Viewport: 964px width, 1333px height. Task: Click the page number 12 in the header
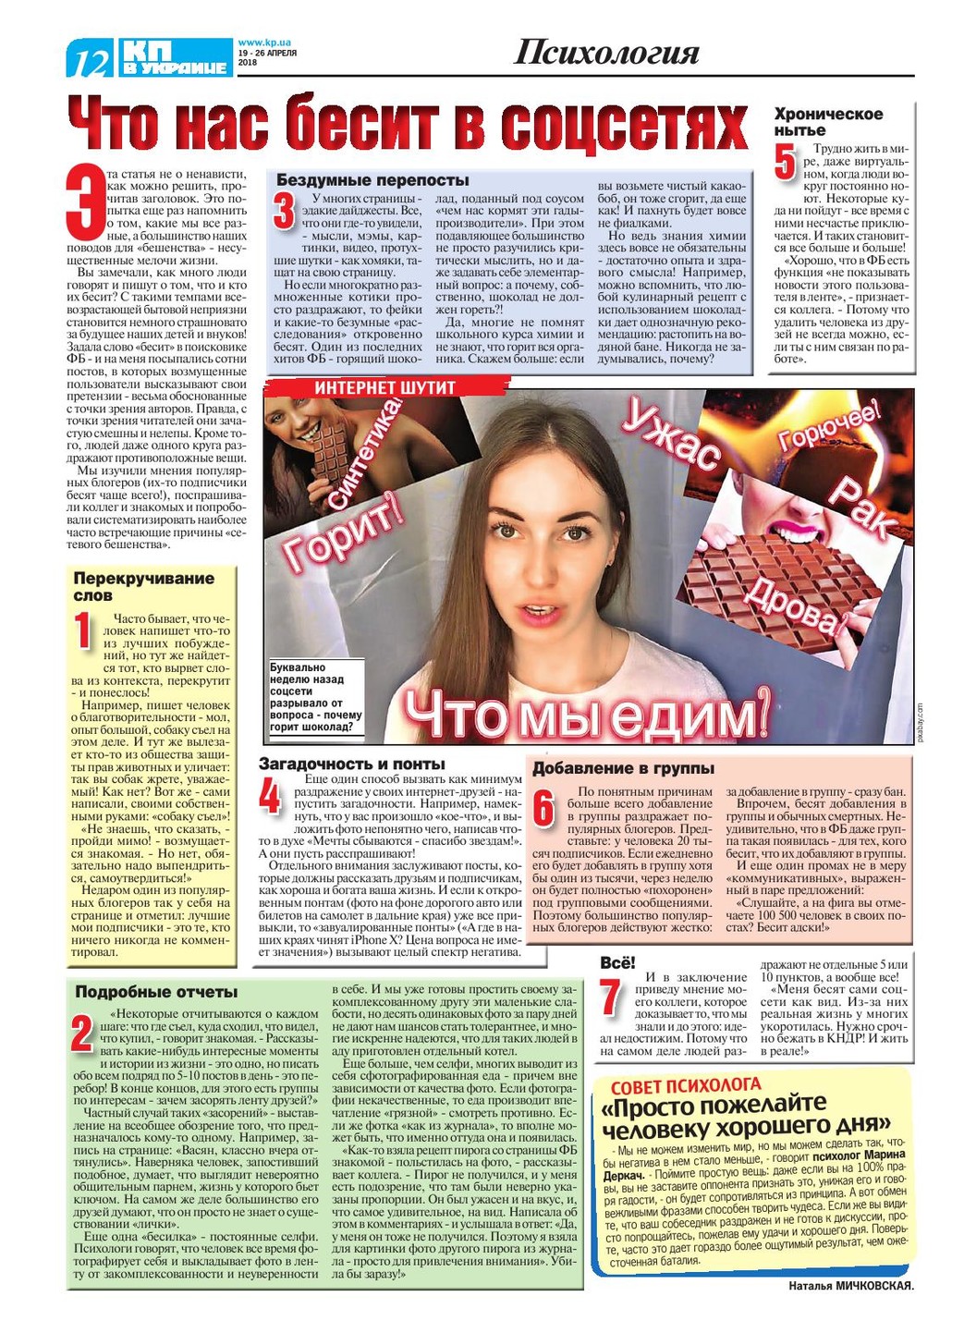[91, 61]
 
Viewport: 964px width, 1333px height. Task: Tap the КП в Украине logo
[175, 57]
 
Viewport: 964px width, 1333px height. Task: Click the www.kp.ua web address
[264, 43]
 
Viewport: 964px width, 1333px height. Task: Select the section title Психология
[606, 53]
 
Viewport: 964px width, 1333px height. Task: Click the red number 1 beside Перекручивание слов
[84, 630]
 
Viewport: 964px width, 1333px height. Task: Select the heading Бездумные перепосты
[372, 180]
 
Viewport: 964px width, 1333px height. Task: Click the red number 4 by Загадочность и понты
[269, 797]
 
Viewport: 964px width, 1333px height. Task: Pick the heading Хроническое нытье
[828, 122]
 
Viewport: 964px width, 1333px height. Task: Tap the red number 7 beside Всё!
[610, 998]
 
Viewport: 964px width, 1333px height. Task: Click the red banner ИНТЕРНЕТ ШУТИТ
[385, 387]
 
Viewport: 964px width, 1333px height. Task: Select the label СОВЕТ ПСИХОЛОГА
[686, 1085]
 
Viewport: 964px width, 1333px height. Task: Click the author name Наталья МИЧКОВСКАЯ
[850, 1286]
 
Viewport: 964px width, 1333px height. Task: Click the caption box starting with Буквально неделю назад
[315, 697]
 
